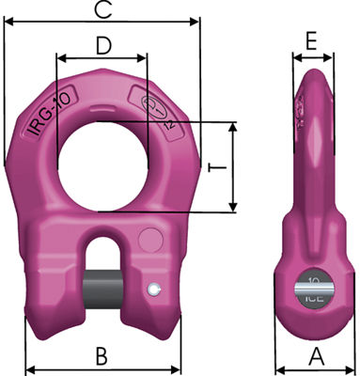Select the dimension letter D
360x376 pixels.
pos(104,44)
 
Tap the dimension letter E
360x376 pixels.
pos(313,40)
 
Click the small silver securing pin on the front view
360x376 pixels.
pos(153,289)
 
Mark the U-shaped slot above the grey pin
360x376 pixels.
pos(101,252)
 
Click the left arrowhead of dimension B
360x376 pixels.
pos(28,368)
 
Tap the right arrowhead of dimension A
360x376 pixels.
pos(352,368)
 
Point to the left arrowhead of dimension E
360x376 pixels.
pos(296,56)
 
